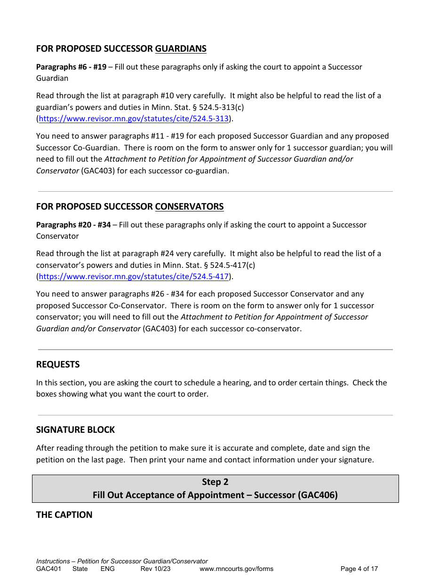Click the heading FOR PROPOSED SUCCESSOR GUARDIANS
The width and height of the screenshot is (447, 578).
tap(121, 49)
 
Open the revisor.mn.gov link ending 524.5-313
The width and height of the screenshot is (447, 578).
tap(134, 119)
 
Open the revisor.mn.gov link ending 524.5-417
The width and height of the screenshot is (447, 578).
tap(134, 277)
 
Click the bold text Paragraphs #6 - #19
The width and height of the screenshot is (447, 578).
tap(71, 67)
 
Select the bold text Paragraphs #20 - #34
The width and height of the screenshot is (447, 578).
tap(73, 225)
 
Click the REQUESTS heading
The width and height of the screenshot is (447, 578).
tap(58, 365)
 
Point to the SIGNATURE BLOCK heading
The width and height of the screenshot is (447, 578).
tap(75, 430)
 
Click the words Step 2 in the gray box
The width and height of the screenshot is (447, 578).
tap(215, 482)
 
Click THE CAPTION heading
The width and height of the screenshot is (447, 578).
tap(64, 515)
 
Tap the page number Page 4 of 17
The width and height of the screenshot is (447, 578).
tap(359, 569)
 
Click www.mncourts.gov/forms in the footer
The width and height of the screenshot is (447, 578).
tap(236, 569)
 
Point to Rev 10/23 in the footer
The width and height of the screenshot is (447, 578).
tap(155, 569)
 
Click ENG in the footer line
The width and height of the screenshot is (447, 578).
tap(108, 569)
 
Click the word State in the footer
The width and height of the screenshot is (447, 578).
tap(80, 569)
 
